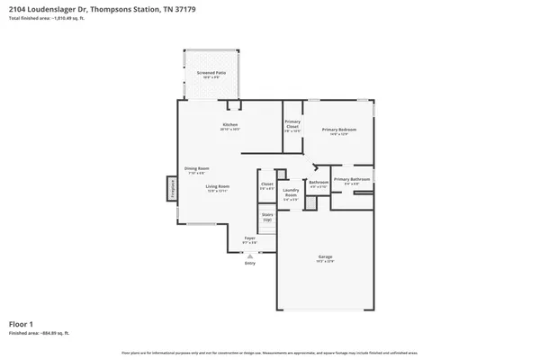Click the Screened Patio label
pos(211,72)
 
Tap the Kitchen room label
pos(229,126)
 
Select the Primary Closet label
pos(292,125)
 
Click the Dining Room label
pos(197,169)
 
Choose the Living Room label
pos(217,188)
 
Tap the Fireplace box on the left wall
pos(171,189)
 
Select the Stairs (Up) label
pos(267,216)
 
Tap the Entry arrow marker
pos(250,255)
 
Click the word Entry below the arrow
pos(250,263)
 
